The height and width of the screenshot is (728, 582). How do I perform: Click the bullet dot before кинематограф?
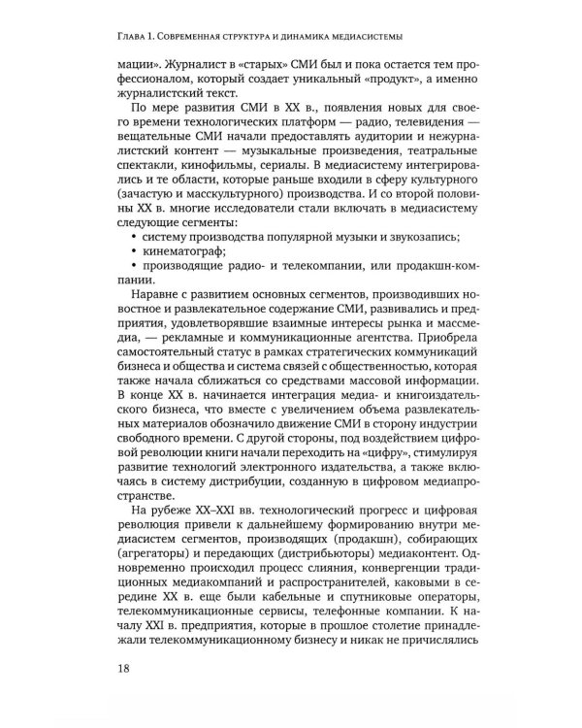[131, 279]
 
